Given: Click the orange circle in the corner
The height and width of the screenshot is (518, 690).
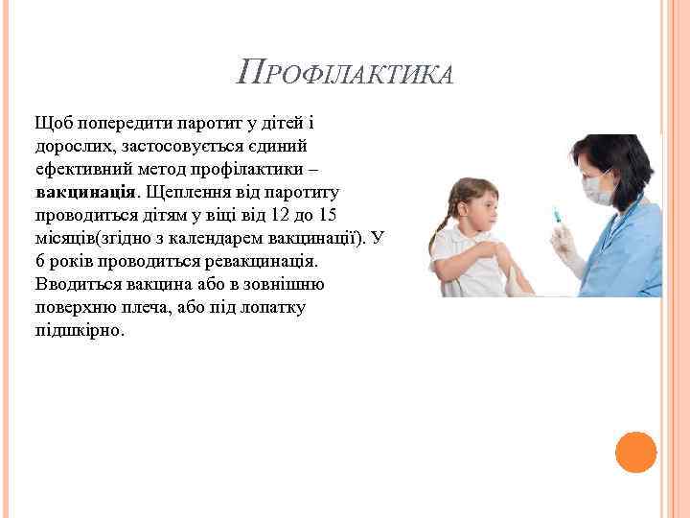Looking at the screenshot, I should pyautogui.click(x=635, y=452).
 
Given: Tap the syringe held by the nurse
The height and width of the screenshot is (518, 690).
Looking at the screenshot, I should pyautogui.click(x=558, y=220).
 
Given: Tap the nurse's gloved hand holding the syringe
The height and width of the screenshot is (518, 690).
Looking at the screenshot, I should pyautogui.click(x=565, y=245).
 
